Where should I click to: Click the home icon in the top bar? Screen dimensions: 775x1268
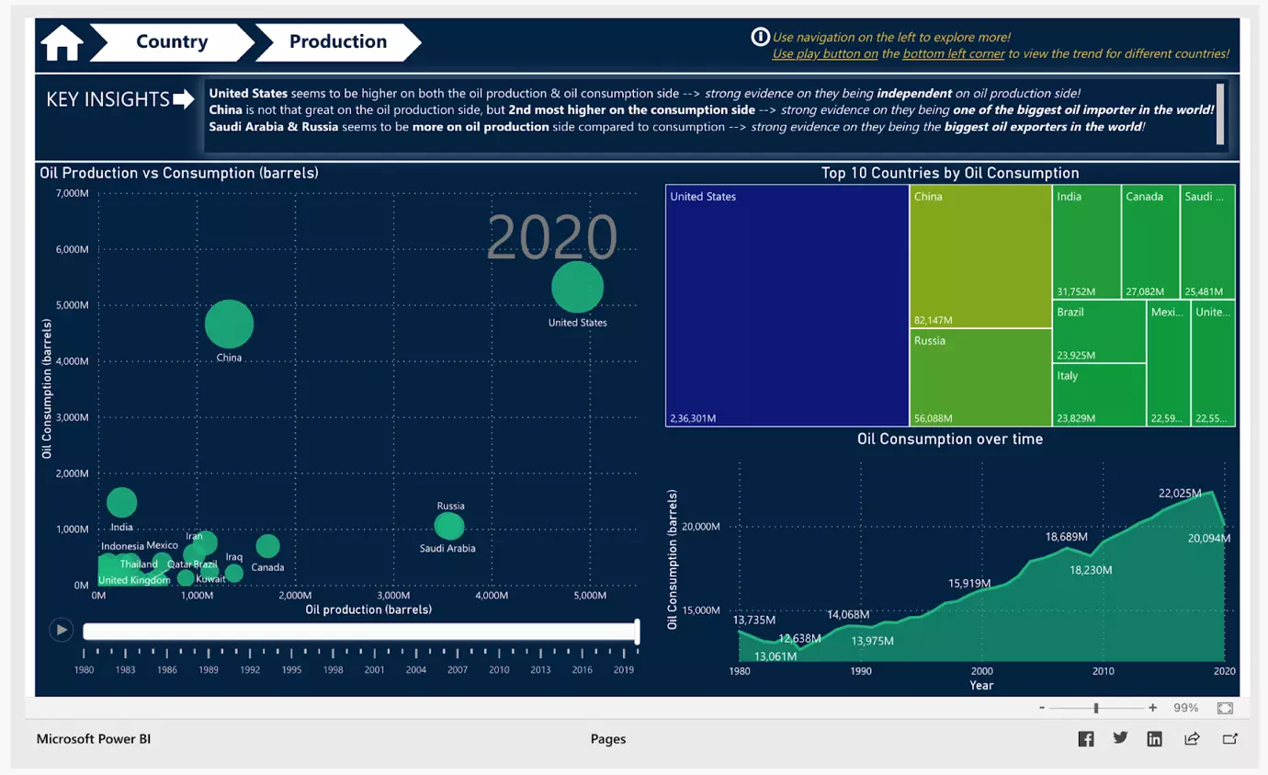[x=62, y=43]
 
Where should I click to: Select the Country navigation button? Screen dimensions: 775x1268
[x=172, y=42]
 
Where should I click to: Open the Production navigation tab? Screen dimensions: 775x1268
[x=337, y=42]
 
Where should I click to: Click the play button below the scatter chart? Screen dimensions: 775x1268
[x=62, y=630]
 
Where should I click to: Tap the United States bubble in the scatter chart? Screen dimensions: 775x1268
[x=577, y=287]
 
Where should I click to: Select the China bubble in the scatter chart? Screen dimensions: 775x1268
[x=229, y=324]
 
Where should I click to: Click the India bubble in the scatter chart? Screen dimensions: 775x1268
[x=121, y=502]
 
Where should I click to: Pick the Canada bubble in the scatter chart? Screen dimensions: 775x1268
[x=267, y=546]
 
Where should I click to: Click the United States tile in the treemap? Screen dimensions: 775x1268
[x=787, y=305]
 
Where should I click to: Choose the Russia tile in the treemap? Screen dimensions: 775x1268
[x=980, y=377]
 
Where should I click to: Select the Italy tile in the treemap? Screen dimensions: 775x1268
[x=1099, y=395]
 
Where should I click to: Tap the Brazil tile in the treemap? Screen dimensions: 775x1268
[x=1099, y=332]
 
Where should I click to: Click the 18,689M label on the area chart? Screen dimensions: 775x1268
[x=1067, y=537]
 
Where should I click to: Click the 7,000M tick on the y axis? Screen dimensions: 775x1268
[x=72, y=193]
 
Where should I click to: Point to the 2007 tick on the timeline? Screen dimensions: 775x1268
[x=458, y=669]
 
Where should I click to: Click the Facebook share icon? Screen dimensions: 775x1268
[x=1086, y=738]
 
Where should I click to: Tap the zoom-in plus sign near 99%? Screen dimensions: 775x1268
[x=1152, y=708]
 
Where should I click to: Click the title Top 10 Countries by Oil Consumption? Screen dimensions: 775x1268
[x=950, y=173]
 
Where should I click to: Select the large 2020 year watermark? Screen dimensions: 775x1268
[x=551, y=237]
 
